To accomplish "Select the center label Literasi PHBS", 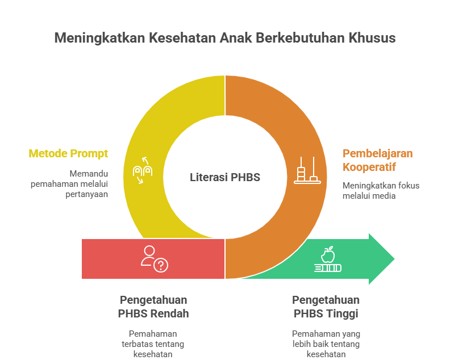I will click(225, 177).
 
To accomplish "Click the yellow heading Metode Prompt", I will click(68, 154).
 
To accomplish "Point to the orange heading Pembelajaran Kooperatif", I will click(377, 160).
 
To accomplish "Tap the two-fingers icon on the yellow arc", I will click(143, 170).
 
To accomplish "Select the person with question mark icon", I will click(155, 259).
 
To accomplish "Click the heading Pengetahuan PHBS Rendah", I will click(153, 307).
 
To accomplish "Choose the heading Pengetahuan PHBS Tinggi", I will click(326, 307).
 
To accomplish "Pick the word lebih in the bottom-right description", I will click(301, 344).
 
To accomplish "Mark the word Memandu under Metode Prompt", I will click(89, 174).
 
